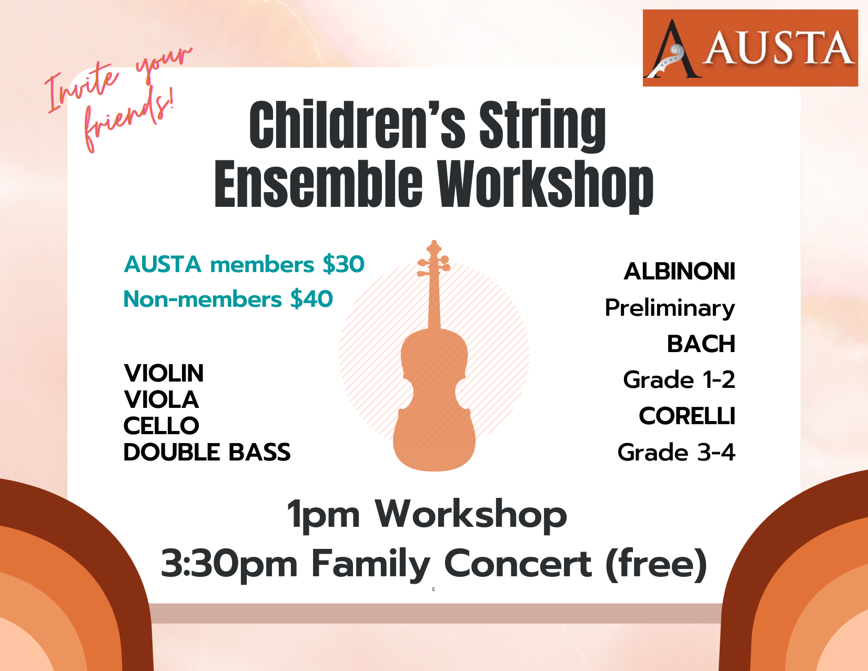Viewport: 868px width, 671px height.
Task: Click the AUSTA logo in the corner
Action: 750,48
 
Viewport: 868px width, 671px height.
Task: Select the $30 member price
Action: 344,264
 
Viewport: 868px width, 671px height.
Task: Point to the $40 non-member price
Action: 311,299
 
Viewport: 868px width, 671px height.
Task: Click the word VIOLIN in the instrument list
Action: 164,373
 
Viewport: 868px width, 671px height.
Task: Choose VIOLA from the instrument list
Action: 162,399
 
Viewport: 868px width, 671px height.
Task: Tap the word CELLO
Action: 162,426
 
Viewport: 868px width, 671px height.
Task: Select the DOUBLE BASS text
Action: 207,452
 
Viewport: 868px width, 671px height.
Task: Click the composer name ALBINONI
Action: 680,272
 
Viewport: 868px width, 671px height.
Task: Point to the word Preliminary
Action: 670,308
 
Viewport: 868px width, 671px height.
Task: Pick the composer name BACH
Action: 701,344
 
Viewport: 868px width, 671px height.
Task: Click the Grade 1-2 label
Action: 679,379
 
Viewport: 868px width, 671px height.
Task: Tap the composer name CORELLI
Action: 687,416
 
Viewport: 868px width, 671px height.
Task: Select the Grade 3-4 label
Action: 677,452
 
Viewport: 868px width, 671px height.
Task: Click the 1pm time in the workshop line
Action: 324,515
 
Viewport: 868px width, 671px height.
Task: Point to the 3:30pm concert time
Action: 229,564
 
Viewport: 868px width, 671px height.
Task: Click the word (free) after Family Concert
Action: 657,564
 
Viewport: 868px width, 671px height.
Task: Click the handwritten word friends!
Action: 129,120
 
